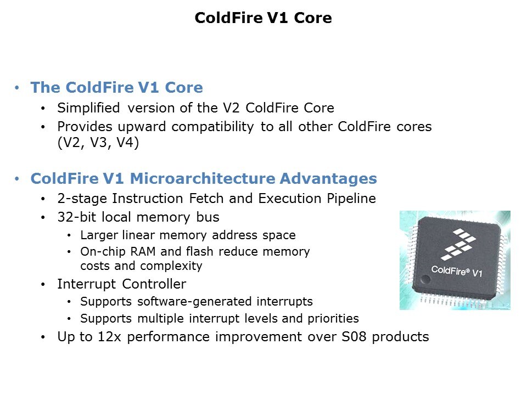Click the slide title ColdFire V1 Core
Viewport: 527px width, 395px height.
click(263, 18)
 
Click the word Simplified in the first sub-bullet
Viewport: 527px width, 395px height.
click(88, 108)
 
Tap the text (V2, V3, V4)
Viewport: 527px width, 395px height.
click(98, 143)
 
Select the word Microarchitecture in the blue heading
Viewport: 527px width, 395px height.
click(203, 178)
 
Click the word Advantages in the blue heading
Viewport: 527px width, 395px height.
click(328, 179)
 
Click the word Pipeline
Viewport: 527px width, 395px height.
click(351, 199)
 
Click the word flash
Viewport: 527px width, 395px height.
click(199, 251)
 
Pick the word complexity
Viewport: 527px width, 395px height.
click(171, 266)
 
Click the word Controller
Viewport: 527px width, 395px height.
click(154, 284)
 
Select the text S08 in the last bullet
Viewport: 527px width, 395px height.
click(354, 336)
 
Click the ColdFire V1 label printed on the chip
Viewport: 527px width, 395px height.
click(456, 271)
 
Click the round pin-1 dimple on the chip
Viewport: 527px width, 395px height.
click(425, 279)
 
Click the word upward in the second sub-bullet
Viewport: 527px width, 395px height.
click(142, 127)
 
